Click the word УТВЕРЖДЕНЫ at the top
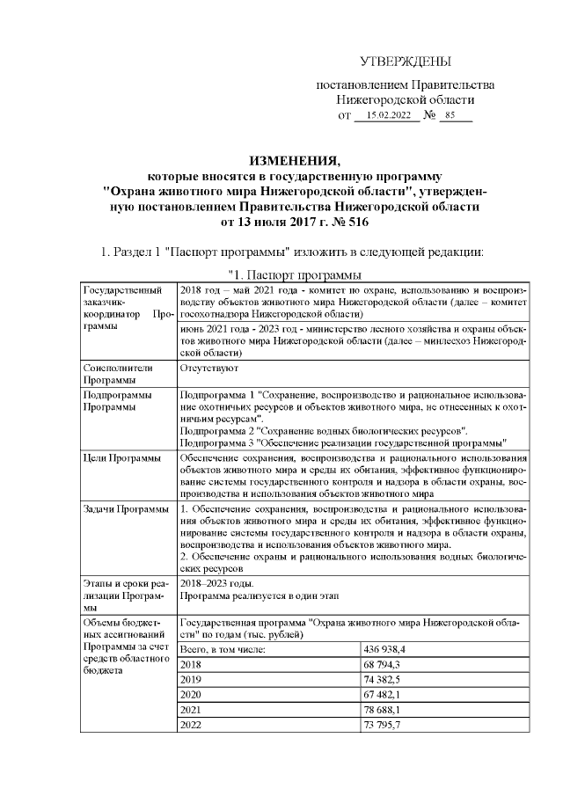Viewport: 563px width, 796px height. [406, 62]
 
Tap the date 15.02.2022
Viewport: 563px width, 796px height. [388, 115]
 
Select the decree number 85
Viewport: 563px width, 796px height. [450, 115]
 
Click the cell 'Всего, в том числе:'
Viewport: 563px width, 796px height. [223, 649]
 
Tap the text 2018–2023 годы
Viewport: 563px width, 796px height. [216, 583]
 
